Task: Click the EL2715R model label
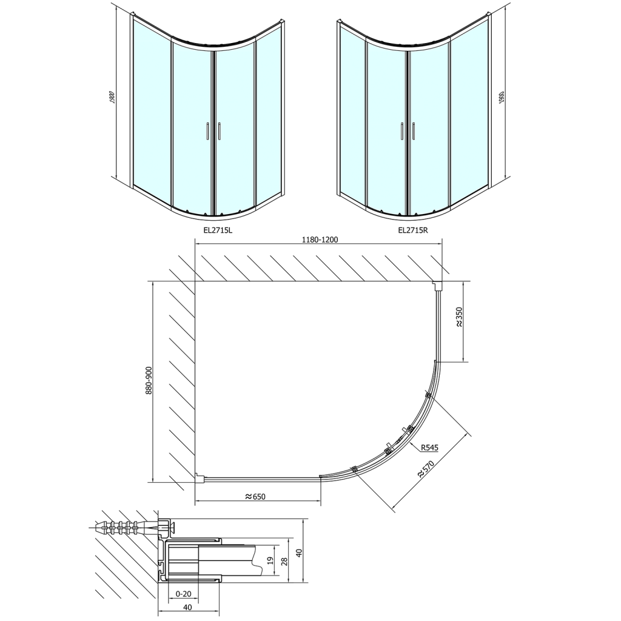(413, 230)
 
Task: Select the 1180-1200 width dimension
(320, 240)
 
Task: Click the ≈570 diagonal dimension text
(429, 468)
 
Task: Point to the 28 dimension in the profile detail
(284, 560)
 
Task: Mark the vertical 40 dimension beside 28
(298, 552)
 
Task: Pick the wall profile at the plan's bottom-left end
(198, 478)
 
